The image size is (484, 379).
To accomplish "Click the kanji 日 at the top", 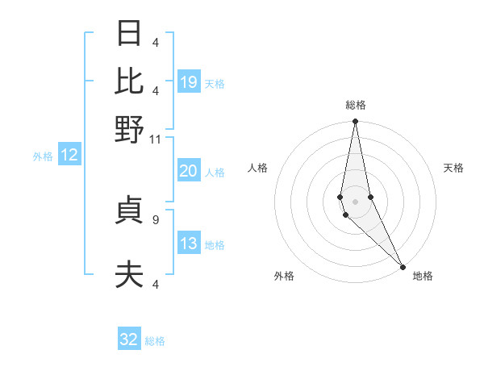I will click(x=129, y=34).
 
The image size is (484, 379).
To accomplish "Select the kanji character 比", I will click(x=129, y=81).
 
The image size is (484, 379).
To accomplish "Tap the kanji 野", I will click(x=129, y=129).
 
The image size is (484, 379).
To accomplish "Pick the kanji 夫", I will click(x=129, y=275).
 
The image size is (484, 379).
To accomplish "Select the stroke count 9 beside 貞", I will click(x=156, y=219).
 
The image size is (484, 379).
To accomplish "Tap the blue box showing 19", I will click(x=189, y=82).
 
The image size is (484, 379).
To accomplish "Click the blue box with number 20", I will click(x=189, y=171).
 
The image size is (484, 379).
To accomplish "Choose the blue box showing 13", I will click(x=189, y=244).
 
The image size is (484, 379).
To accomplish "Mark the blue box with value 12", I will click(x=69, y=156).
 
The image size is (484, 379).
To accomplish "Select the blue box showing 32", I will click(x=129, y=339).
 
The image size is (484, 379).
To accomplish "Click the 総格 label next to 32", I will click(x=155, y=341).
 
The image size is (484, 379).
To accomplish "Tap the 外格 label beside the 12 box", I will click(x=43, y=156).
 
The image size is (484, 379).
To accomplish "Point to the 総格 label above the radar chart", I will click(x=356, y=105).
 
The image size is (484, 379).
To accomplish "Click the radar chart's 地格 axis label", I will click(x=423, y=276).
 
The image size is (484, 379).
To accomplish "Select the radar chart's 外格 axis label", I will click(x=284, y=276).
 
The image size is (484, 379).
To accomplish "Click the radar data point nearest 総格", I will click(x=355, y=122).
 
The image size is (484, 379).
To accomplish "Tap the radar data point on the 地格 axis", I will click(x=403, y=265).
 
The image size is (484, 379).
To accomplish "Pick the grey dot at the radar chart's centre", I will click(x=355, y=201).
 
